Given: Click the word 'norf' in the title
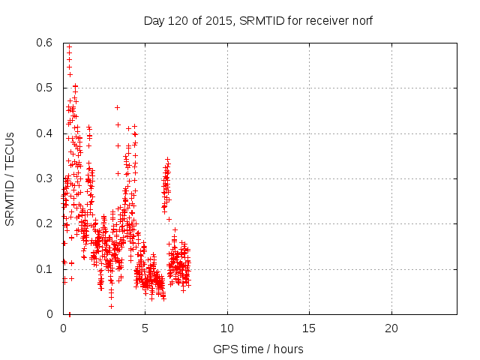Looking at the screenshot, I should (361, 20).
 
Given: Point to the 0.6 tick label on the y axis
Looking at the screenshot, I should (46, 43).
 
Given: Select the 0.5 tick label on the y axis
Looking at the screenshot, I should (46, 88).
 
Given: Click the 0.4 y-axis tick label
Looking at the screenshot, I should (46, 133).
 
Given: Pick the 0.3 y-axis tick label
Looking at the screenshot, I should (46, 178).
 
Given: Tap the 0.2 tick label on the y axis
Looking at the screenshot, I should (46, 223).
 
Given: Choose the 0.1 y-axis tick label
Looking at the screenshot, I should (46, 268).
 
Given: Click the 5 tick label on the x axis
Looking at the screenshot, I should (145, 328).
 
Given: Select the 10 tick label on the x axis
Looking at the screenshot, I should (226, 328).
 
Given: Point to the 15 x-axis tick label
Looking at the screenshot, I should (308, 328).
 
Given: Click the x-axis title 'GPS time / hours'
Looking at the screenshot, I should (259, 349).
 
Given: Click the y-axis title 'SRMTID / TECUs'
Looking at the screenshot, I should (10, 178).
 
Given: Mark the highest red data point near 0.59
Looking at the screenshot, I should (69, 46).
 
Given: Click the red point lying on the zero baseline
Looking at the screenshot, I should (69, 313).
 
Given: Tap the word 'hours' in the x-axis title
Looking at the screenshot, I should (288, 349).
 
